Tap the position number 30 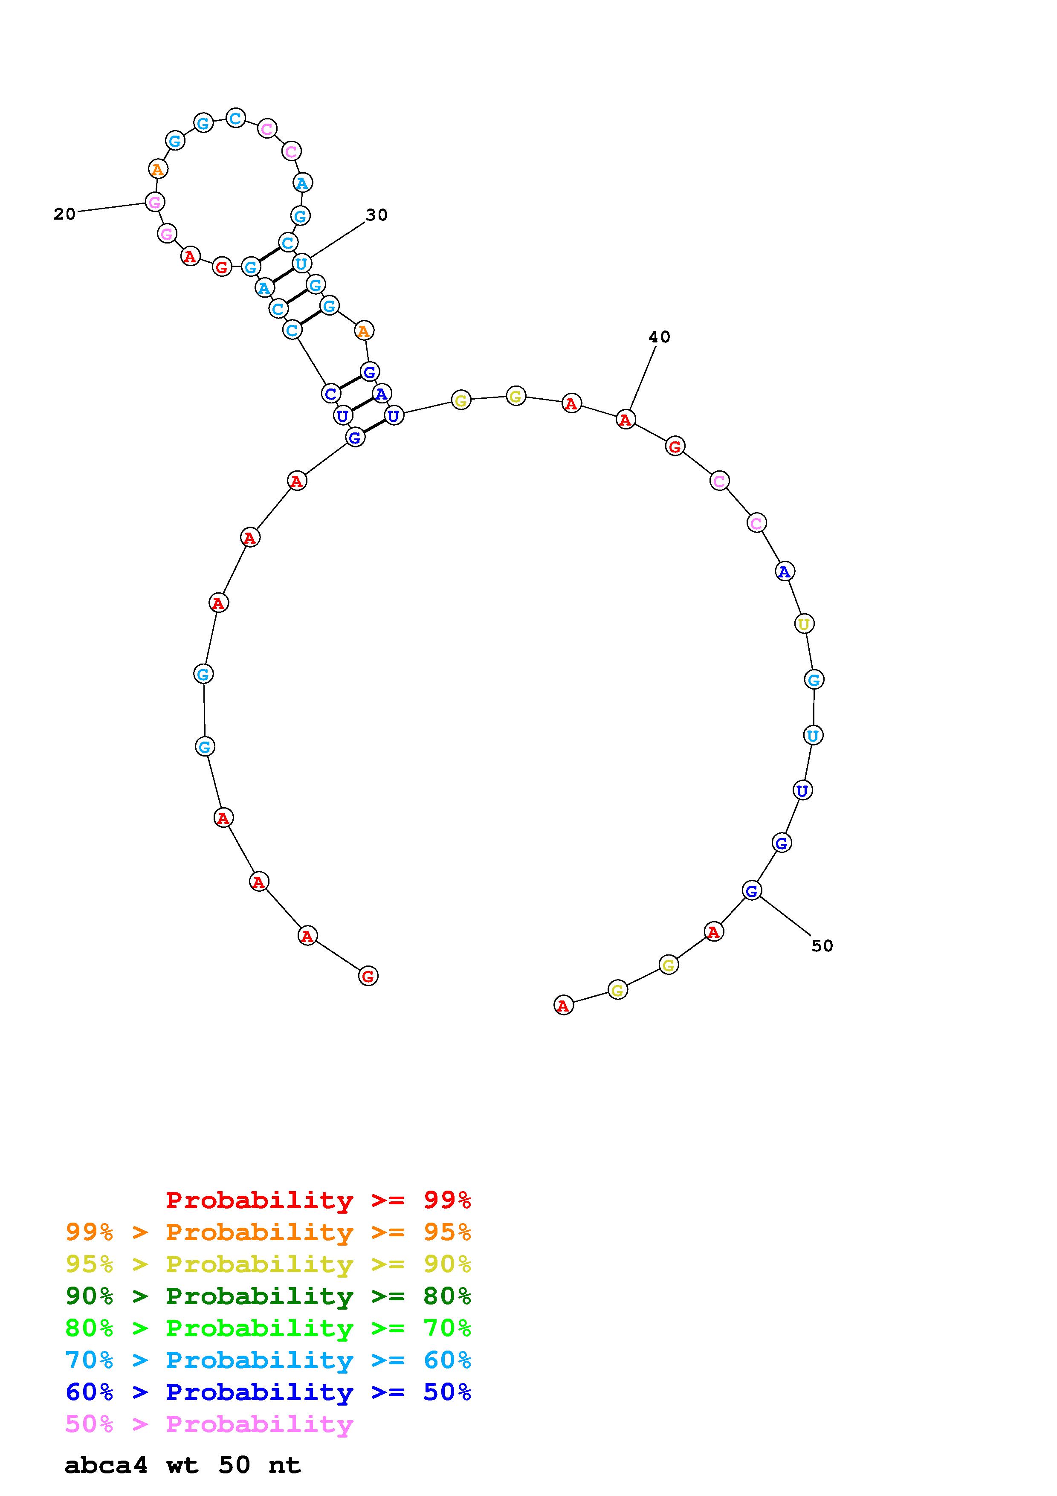[376, 215]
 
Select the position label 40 [659, 337]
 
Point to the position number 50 [822, 945]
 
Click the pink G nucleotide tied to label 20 [154, 202]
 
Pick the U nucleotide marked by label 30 [301, 264]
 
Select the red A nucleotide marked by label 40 [625, 420]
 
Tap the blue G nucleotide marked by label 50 [752, 890]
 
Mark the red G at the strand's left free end [368, 976]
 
